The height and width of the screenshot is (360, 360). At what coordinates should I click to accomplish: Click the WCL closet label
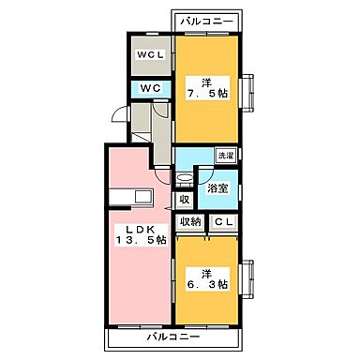151,53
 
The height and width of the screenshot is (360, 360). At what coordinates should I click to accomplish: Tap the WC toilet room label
151,88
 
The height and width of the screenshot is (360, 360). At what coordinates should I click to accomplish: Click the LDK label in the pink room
132,231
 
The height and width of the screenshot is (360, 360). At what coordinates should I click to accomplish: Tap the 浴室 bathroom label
216,187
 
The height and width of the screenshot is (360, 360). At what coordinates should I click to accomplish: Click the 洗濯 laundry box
225,156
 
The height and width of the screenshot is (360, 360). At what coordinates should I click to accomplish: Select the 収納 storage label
191,221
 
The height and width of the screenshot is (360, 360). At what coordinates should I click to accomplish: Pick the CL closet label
224,221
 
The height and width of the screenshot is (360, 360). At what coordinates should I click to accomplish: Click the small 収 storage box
183,199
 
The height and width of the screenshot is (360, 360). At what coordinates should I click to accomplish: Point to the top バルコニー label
206,19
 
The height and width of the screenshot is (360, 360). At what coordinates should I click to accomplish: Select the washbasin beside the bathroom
183,176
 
